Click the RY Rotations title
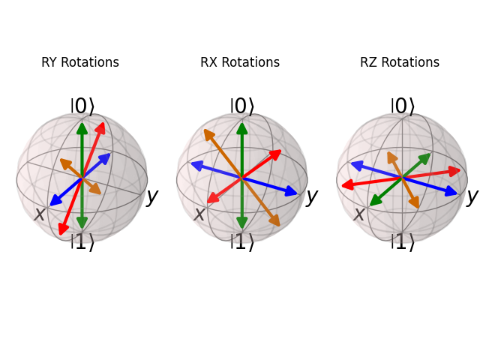(x=80, y=63)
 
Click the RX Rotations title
(x=240, y=63)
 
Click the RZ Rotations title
(x=400, y=63)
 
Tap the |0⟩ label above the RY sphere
(x=82, y=106)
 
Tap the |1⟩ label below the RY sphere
(x=82, y=242)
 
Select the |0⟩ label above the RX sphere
(x=241, y=106)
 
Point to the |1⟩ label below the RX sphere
(x=241, y=242)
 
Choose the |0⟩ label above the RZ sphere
(x=402, y=106)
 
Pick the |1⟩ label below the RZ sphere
(x=402, y=242)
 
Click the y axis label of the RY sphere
(x=152, y=196)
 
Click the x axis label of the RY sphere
(x=40, y=214)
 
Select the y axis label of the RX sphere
(x=312, y=196)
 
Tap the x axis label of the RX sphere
(x=199, y=214)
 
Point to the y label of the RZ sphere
(x=472, y=196)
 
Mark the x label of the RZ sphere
(x=359, y=214)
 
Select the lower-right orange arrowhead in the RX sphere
(x=275, y=221)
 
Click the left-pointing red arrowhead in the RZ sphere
(x=347, y=185)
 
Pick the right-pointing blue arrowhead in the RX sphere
(x=292, y=192)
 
